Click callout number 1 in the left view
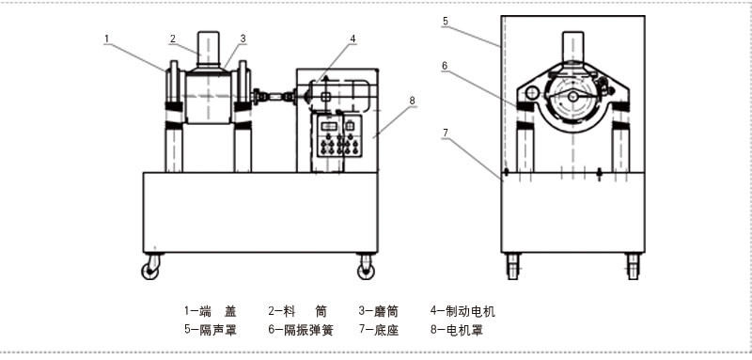(107, 38)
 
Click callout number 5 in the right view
(446, 21)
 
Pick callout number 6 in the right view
(445, 66)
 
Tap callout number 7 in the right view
(446, 133)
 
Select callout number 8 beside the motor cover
(412, 101)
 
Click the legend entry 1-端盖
(211, 311)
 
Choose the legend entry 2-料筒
(297, 311)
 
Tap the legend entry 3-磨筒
(379, 311)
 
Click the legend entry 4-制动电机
(462, 311)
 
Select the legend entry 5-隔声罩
(211, 330)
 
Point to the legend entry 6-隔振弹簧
(300, 330)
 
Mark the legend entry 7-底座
(379, 330)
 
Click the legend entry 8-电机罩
(456, 330)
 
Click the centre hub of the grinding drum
(572, 97)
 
